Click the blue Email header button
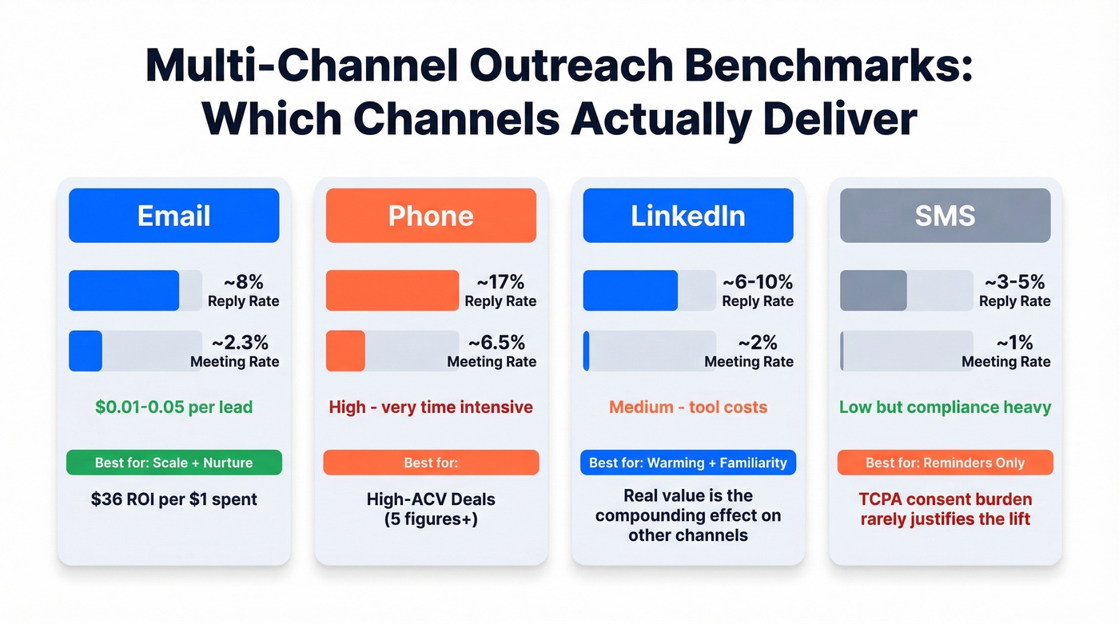click(173, 216)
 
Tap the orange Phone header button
click(431, 216)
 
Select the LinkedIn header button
click(687, 216)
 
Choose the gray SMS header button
click(945, 216)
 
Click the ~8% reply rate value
click(243, 282)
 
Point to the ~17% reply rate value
click(500, 282)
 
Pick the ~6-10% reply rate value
click(757, 282)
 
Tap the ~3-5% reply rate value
click(1014, 282)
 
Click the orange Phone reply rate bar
click(392, 290)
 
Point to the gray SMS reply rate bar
click(874, 290)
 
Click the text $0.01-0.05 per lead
click(173, 407)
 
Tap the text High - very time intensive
click(431, 407)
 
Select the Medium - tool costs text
click(687, 407)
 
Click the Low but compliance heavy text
click(945, 407)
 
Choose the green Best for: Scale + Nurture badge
click(173, 463)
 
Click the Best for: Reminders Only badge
click(945, 463)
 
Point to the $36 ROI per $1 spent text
click(173, 500)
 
